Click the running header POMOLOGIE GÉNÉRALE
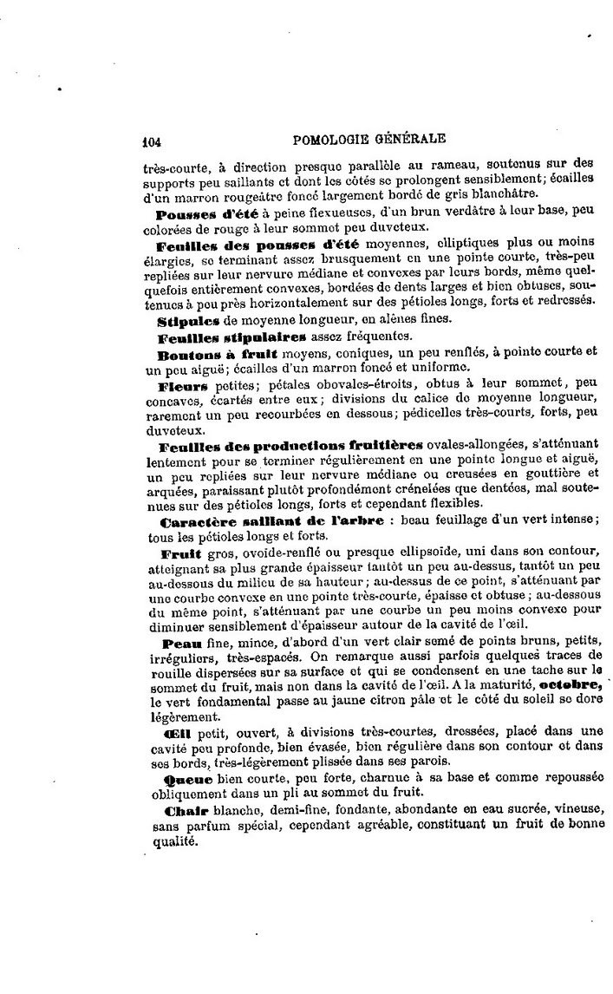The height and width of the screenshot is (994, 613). coord(369,137)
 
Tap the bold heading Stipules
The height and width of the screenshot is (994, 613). coord(185,320)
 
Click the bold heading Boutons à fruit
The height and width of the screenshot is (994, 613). coord(205,354)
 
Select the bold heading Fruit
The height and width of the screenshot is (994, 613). coord(180,553)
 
